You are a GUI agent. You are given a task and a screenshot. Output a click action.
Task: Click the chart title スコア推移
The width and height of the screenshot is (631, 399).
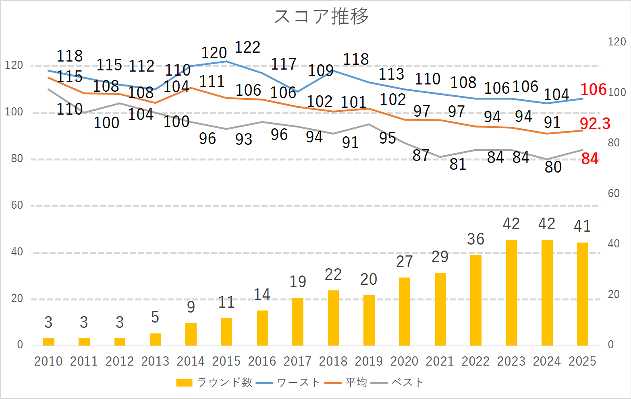coord(321,16)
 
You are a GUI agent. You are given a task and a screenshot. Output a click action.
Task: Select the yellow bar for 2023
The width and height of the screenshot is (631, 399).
coord(511,292)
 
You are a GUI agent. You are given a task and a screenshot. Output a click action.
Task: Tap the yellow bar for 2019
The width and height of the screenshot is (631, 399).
coord(369,320)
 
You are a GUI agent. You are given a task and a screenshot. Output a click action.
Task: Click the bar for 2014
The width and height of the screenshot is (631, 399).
coord(191,334)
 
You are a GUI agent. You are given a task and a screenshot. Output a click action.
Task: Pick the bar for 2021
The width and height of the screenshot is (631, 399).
coord(440,309)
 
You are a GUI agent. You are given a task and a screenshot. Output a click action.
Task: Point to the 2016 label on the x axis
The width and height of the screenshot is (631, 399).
coord(262,361)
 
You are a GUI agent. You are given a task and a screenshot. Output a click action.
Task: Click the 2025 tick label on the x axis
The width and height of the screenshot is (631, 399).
coord(582,361)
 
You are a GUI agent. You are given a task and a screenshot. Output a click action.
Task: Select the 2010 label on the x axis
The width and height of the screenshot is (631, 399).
coord(48,361)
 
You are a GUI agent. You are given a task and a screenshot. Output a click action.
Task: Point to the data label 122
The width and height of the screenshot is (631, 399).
coord(247,47)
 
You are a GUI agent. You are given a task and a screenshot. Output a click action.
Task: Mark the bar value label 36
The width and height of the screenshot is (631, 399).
coord(475,239)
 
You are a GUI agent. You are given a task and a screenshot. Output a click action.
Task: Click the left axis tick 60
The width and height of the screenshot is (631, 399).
coord(17,205)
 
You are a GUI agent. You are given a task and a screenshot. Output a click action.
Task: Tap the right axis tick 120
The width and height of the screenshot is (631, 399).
coord(617,42)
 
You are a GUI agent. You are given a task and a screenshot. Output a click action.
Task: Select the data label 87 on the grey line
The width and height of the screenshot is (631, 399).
coord(421,155)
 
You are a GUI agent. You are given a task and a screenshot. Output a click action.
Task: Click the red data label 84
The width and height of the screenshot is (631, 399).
coord(590,159)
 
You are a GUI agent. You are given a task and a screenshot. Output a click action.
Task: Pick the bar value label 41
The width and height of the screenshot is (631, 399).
coord(582,226)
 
